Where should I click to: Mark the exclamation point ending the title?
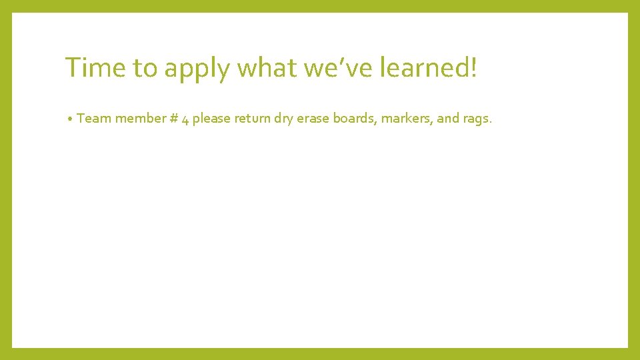[474, 67]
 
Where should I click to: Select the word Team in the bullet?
[94, 119]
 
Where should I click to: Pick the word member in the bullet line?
[139, 119]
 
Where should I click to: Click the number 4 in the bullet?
[184, 119]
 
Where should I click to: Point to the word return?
[252, 119]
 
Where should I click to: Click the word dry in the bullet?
[285, 119]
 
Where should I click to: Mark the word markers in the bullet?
[406, 119]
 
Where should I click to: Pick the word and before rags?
[448, 119]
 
